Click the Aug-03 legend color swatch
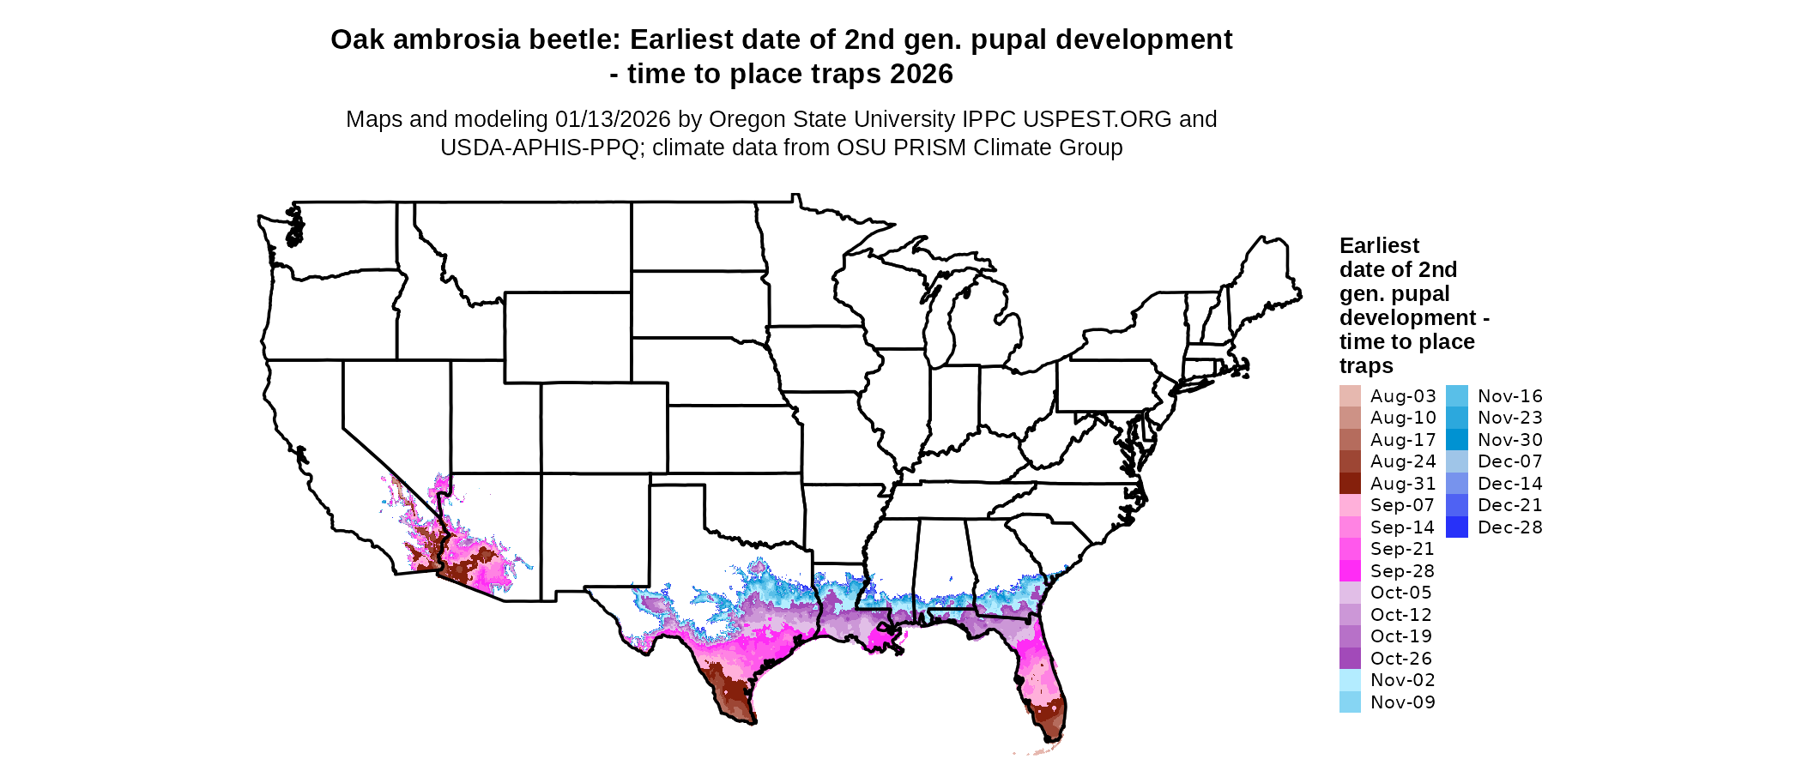click(x=1350, y=396)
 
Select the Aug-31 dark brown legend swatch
click(x=1350, y=484)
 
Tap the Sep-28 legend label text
click(x=1402, y=571)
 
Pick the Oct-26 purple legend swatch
click(x=1350, y=659)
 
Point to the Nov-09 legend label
click(x=1402, y=702)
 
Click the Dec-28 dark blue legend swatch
click(x=1456, y=527)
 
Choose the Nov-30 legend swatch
click(x=1456, y=440)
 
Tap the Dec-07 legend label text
click(x=1509, y=461)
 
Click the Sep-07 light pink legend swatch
click(x=1350, y=505)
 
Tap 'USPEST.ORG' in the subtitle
click(x=1110, y=119)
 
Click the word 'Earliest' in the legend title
click(x=1379, y=246)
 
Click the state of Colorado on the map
click(x=604, y=428)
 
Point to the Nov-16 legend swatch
click(x=1456, y=396)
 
